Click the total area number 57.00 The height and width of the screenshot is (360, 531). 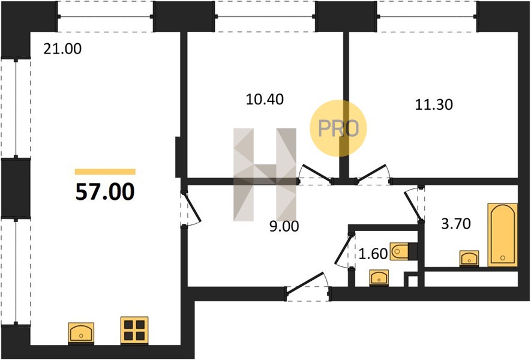pyautogui.click(x=105, y=191)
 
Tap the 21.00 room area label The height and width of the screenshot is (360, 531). pyautogui.click(x=62, y=49)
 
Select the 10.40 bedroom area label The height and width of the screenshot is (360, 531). pyautogui.click(x=265, y=99)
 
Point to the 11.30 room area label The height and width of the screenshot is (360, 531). pyautogui.click(x=434, y=104)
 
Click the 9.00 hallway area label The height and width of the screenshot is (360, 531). pyautogui.click(x=284, y=227)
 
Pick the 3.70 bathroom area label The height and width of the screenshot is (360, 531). pyautogui.click(x=456, y=224)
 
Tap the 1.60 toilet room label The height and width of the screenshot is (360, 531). pyautogui.click(x=373, y=254)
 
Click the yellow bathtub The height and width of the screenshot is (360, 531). pyautogui.click(x=503, y=235)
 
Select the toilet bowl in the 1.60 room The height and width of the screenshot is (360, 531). pyautogui.click(x=403, y=251)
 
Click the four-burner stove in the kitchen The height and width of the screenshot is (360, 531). pyautogui.click(x=134, y=330)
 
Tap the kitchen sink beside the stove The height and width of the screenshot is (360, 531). pyautogui.click(x=81, y=332)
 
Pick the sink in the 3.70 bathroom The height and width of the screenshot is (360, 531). pyautogui.click(x=469, y=259)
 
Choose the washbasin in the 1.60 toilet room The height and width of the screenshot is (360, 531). pyautogui.click(x=379, y=278)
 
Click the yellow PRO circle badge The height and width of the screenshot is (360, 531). pyautogui.click(x=338, y=128)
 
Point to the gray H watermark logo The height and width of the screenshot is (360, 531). pyautogui.click(x=265, y=175)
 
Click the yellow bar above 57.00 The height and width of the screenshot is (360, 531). pyautogui.click(x=105, y=172)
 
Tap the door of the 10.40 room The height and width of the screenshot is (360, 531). pyautogui.click(x=315, y=175)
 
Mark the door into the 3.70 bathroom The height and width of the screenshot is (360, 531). pyautogui.click(x=414, y=205)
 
